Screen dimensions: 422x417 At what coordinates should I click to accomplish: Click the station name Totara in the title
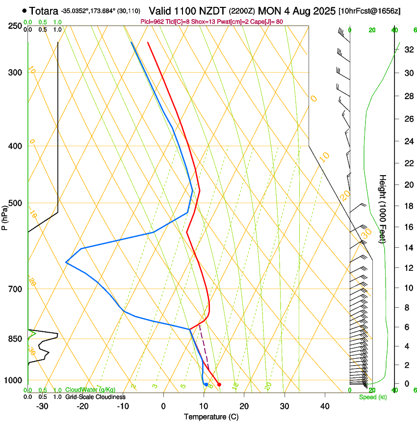(x=43, y=10)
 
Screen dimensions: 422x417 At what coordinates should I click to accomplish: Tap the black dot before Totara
(x=25, y=10)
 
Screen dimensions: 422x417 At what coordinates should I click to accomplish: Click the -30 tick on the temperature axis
(x=42, y=406)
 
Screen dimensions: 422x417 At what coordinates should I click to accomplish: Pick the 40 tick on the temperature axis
(x=325, y=406)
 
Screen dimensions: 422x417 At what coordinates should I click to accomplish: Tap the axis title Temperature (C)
(x=211, y=417)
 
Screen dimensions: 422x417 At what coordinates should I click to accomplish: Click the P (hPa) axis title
(x=5, y=216)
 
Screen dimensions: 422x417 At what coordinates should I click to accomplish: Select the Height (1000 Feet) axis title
(x=383, y=209)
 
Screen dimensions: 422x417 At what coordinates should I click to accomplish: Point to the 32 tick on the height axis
(x=408, y=49)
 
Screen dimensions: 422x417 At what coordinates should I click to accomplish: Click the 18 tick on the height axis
(x=408, y=206)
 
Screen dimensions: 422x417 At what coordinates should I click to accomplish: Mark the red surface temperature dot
(x=219, y=384)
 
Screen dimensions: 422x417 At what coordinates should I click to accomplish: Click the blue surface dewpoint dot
(x=206, y=384)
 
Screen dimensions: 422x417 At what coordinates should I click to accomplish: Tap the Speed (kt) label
(x=372, y=397)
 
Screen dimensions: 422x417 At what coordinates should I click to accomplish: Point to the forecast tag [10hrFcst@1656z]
(x=369, y=11)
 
